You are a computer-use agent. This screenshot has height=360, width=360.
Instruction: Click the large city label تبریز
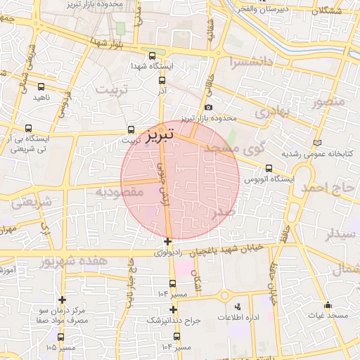pyautogui.click(x=164, y=134)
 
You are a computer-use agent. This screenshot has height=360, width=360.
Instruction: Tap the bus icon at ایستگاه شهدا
pyautogui.click(x=153, y=56)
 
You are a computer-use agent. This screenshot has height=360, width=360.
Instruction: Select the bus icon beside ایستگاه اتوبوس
pyautogui.click(x=269, y=168)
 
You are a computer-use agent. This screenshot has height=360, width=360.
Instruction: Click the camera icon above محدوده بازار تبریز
pyautogui.click(x=208, y=107)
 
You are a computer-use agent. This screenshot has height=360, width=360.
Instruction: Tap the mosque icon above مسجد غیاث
pyautogui.click(x=327, y=305)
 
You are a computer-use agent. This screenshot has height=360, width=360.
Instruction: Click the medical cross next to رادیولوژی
pyautogui.click(x=167, y=242)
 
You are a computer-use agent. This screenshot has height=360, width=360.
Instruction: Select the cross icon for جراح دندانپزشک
pyautogui.click(x=173, y=309)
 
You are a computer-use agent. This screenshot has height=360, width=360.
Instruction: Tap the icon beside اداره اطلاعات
pyautogui.click(x=237, y=307)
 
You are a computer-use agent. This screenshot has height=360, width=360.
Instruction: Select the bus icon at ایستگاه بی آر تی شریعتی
pyautogui.click(x=28, y=129)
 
